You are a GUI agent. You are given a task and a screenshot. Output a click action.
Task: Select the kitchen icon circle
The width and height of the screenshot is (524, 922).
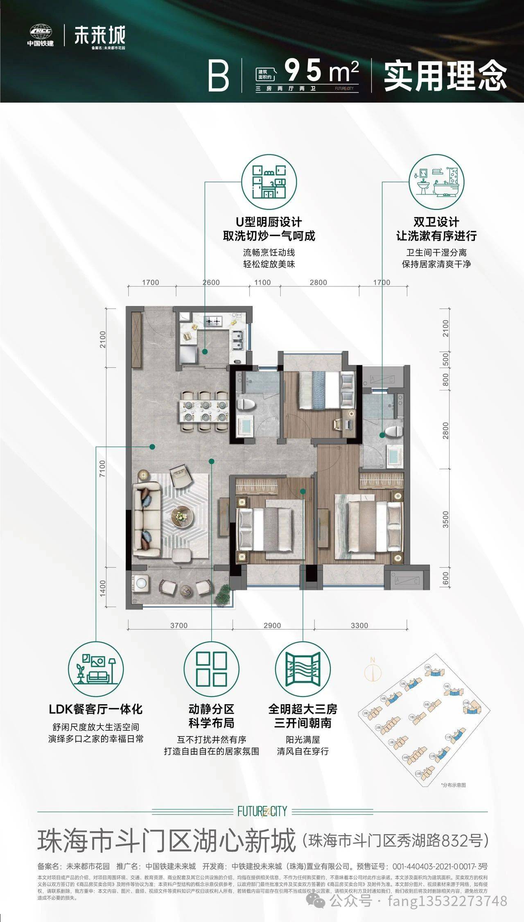[x=269, y=182]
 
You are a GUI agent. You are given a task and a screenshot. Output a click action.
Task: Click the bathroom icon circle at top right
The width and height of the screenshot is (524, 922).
[x=436, y=182]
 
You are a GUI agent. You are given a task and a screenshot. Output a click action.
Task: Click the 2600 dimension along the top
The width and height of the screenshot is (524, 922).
[x=211, y=282]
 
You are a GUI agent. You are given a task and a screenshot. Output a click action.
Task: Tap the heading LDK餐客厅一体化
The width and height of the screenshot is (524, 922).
[x=96, y=709]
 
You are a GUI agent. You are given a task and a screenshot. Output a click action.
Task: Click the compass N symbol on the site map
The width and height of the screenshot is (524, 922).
[x=373, y=671]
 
